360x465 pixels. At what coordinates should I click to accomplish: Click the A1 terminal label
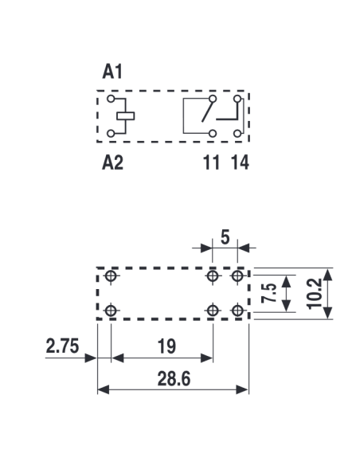(112, 72)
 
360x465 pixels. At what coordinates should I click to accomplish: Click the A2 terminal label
(112, 162)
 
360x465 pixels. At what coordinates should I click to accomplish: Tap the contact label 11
(211, 162)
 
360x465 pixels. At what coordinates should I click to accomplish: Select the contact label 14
(240, 162)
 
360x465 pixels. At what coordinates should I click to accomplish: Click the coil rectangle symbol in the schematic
(125, 115)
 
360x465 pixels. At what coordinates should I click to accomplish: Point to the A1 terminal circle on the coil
(111, 99)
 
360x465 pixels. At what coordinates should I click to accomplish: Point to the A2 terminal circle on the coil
(111, 134)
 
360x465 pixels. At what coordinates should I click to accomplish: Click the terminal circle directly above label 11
(213, 134)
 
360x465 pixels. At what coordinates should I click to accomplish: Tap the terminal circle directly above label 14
(237, 134)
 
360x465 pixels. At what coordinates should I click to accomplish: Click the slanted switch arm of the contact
(208, 111)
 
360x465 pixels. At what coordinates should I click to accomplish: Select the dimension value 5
(225, 237)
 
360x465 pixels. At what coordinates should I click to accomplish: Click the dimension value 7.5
(269, 293)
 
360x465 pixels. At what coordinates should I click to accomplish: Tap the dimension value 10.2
(315, 294)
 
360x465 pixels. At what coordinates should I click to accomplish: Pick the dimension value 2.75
(62, 346)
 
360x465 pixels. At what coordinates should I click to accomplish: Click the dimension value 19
(166, 346)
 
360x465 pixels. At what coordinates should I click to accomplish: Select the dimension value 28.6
(174, 379)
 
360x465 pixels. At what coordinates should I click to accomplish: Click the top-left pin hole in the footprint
(111, 275)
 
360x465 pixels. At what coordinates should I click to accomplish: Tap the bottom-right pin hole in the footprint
(237, 311)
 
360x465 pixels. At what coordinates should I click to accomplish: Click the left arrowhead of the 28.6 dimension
(104, 389)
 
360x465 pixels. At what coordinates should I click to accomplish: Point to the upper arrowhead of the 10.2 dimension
(327, 274)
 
